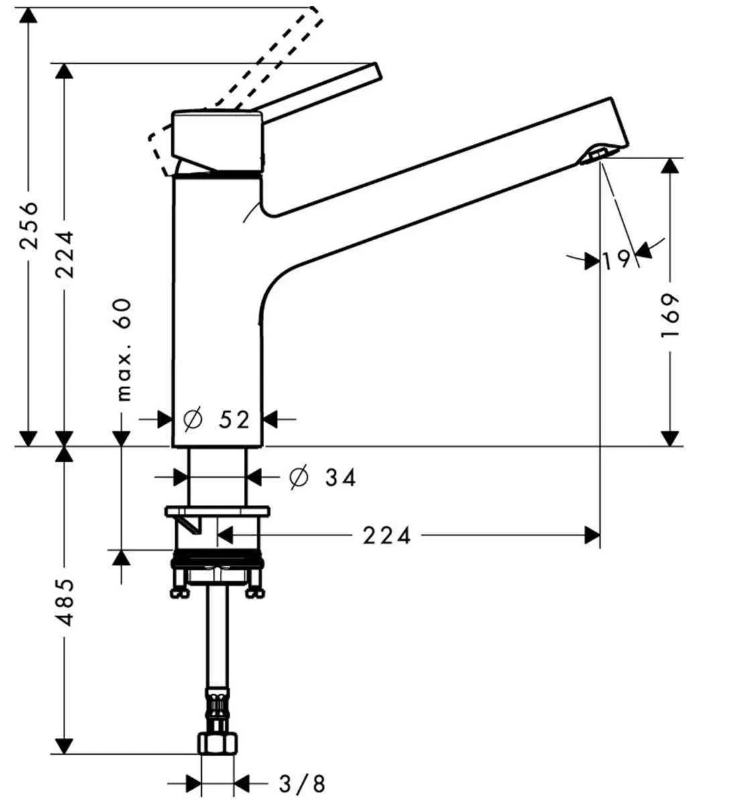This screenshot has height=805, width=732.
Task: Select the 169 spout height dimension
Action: click(670, 315)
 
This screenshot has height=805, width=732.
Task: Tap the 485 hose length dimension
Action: click(65, 602)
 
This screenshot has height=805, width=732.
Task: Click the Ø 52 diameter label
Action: click(217, 420)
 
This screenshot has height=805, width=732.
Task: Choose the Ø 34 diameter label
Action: click(322, 478)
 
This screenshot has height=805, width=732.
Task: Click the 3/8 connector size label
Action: click(301, 783)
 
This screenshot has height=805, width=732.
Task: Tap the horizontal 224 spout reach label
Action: click(387, 535)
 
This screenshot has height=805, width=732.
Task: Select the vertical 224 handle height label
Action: click(65, 254)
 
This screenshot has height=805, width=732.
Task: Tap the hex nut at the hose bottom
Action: click(217, 744)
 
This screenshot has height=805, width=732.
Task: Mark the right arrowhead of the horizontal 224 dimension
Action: click(592, 535)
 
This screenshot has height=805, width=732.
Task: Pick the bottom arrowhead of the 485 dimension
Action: click(64, 745)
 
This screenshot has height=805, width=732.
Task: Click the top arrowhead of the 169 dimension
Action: click(670, 166)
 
